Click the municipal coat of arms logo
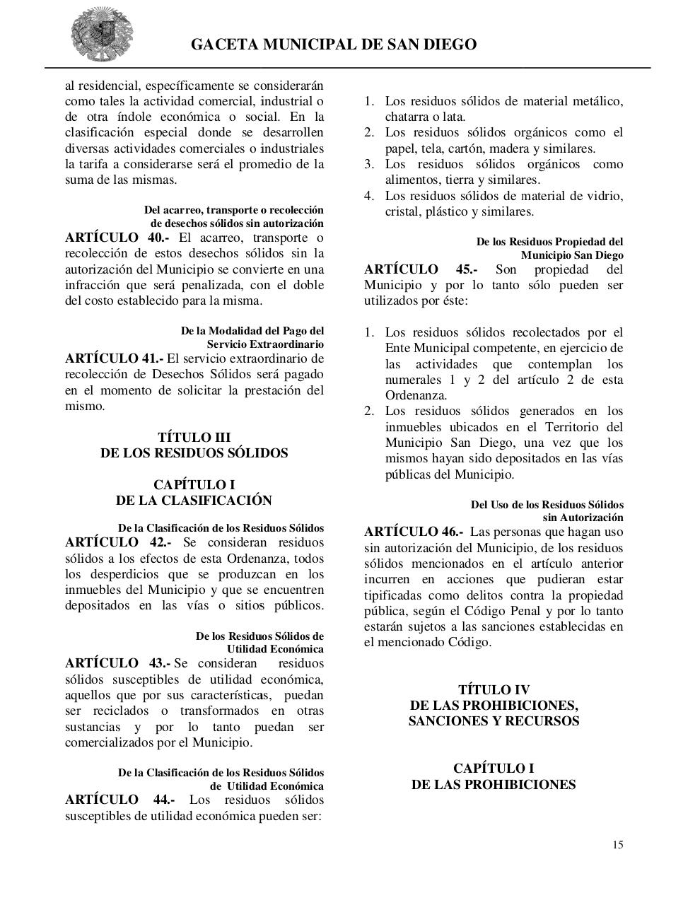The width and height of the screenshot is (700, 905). point(101,35)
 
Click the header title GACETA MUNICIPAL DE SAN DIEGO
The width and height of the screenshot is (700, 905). point(334,45)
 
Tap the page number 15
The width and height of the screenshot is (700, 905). point(618,845)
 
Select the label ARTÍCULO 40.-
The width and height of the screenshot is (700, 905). point(117,238)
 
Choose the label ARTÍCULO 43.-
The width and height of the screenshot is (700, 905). point(117,663)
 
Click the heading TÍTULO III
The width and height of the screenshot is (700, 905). point(194,438)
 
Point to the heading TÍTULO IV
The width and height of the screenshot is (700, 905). point(494,690)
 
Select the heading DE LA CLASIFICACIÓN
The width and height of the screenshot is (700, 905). point(194,501)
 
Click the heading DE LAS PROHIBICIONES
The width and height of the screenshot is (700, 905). point(494,785)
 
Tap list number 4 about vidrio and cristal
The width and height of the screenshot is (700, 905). point(368,196)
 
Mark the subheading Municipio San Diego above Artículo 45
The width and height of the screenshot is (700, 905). point(572,255)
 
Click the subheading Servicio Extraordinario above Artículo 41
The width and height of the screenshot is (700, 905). point(265,344)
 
